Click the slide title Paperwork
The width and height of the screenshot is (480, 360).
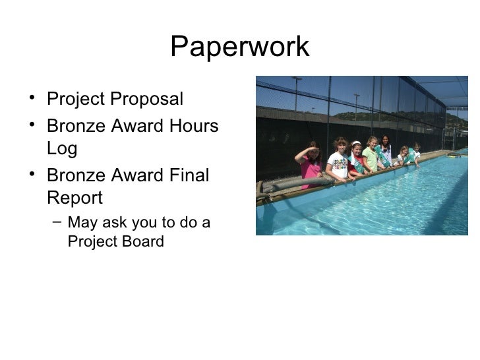pos(239,47)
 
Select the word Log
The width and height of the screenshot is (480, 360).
pos(62,150)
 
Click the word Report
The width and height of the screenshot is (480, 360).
pos(75,198)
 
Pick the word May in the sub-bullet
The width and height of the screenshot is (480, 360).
pos(84,222)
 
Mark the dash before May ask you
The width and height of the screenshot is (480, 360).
pos(57,223)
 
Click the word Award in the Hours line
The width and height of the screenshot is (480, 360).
pos(134,125)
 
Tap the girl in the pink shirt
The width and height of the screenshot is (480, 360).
pos(310,165)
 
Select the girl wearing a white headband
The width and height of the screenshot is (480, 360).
pos(356,158)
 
